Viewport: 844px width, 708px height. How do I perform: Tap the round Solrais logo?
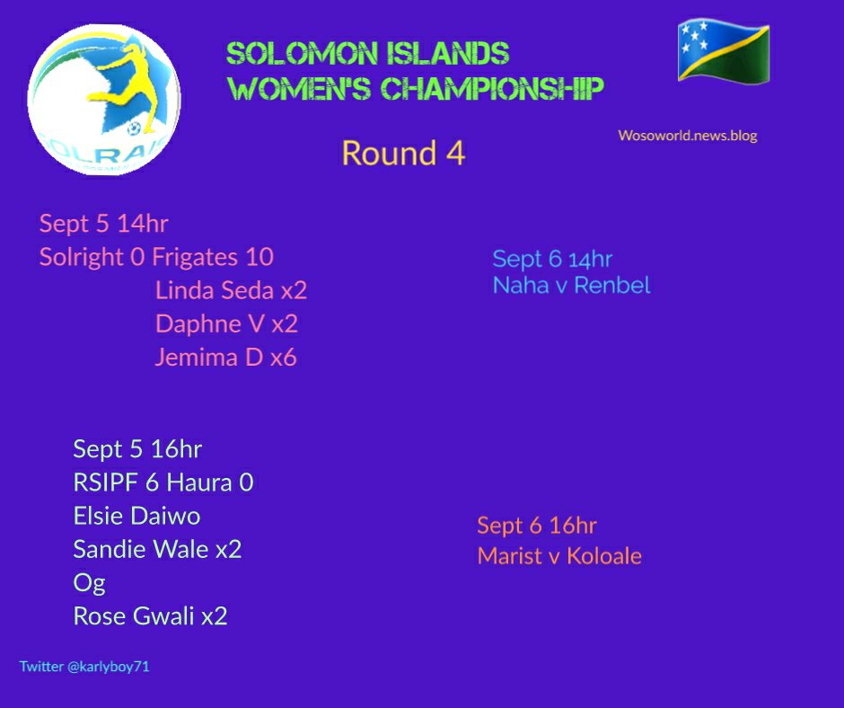[104, 100]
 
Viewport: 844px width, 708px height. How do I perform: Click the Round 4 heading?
[403, 153]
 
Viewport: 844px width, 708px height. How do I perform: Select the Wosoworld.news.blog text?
[688, 136]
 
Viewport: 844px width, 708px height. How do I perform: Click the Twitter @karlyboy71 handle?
[84, 667]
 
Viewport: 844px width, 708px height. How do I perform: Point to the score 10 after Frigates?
[259, 257]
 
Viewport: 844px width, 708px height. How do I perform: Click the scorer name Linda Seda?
[215, 290]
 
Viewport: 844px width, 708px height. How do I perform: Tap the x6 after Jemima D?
[283, 358]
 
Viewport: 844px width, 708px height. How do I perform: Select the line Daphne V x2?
[226, 323]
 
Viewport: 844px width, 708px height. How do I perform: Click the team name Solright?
[82, 257]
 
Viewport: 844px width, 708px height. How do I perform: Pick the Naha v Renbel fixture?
[572, 285]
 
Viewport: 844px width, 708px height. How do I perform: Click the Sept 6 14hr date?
[552, 259]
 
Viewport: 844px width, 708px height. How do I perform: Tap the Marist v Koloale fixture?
[559, 556]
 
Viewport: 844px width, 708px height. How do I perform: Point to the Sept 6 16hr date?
[537, 526]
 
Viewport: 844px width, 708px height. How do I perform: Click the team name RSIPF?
[106, 482]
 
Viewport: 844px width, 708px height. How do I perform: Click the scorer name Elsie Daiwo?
[136, 516]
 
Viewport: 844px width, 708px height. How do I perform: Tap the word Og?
[90, 583]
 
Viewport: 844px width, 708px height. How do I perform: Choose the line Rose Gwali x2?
[150, 615]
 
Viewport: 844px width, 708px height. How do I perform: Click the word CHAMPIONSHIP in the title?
[493, 89]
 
